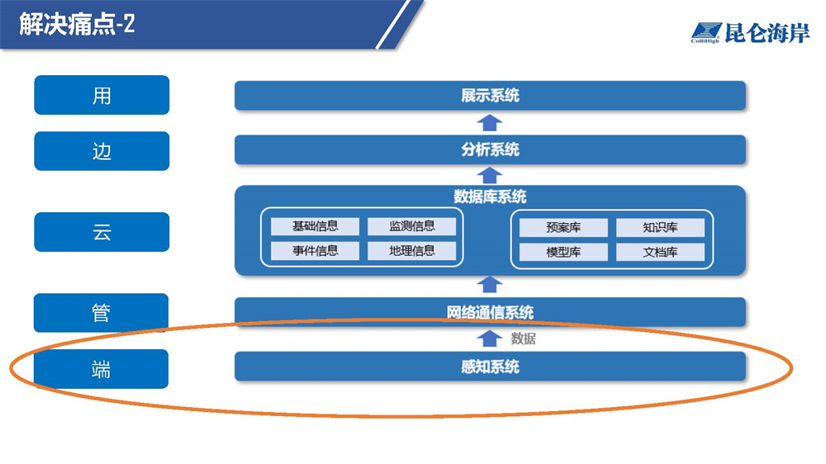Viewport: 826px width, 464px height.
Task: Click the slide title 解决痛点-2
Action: pos(78,24)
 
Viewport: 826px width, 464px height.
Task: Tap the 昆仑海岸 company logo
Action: pos(750,33)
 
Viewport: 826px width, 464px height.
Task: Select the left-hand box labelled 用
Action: pos(102,95)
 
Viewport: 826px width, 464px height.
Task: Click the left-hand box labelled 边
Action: pos(102,151)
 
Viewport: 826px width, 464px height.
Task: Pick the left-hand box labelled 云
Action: pos(102,232)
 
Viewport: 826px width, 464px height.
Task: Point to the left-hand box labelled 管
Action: pos(102,313)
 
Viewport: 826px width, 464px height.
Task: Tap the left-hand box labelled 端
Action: pos(102,369)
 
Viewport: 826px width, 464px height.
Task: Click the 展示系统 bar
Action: pos(490,96)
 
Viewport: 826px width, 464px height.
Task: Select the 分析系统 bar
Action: pos(490,150)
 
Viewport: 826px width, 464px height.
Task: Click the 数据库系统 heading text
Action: pos(490,197)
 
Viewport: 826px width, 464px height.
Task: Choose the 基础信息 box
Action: pos(315,226)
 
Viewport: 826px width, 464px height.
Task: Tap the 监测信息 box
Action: pos(411,226)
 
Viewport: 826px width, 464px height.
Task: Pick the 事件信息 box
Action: pos(315,251)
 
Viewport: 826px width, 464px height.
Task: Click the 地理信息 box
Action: pos(411,251)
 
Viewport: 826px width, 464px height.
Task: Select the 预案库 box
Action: pos(563,228)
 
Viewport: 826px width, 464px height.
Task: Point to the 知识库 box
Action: pos(660,228)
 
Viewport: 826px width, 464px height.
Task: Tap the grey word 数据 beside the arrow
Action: pos(523,339)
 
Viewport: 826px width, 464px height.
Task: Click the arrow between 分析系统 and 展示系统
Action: pos(490,123)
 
